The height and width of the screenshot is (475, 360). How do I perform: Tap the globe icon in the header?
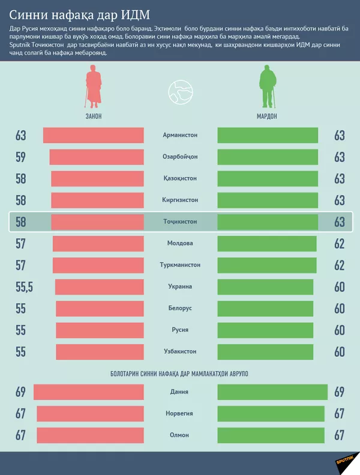180,90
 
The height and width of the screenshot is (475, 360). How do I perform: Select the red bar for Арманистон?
93,136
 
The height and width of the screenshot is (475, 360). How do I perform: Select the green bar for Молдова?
266,243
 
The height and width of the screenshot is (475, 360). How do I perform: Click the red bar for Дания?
89,392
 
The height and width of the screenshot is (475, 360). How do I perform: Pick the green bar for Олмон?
271,435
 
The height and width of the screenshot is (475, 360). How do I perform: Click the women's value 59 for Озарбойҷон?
21,157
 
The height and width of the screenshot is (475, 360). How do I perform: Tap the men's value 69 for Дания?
340,392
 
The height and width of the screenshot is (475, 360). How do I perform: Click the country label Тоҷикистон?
180,222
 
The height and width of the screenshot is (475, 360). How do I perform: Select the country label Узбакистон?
180,351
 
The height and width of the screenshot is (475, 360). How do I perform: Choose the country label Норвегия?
180,414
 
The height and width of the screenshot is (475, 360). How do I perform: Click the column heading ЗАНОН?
93,116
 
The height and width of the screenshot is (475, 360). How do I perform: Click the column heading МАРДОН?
268,116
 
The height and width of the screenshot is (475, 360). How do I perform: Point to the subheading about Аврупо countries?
180,374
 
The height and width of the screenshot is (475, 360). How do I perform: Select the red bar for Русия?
100,330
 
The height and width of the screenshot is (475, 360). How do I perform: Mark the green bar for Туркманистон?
266,265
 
